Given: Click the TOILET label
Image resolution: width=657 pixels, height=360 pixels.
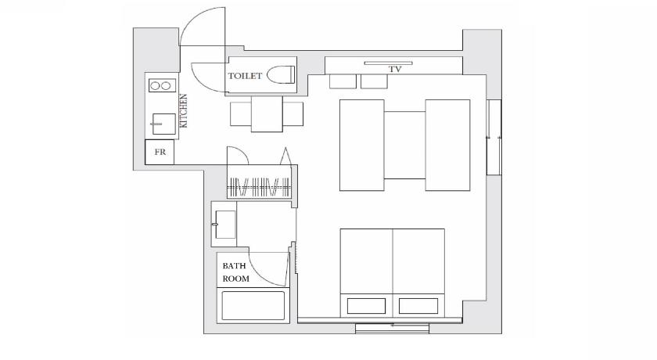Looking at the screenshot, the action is (245, 76).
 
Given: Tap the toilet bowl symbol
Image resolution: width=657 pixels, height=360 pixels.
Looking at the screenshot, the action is (281, 75).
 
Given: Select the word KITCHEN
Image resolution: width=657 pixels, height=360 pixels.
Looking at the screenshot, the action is (183, 110).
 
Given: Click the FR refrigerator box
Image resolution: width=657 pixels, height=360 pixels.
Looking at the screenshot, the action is (160, 152).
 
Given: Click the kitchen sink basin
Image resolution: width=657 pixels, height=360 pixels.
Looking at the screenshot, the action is (163, 124).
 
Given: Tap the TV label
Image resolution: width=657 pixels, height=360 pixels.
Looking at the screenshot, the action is (395, 70).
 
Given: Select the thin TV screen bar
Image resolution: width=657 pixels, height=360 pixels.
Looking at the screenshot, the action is (389, 63).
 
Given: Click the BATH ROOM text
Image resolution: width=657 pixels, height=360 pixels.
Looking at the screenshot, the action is (235, 272).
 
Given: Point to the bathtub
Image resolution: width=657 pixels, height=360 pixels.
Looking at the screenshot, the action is (253, 305).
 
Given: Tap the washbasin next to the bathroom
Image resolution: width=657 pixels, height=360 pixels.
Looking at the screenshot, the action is (225, 225).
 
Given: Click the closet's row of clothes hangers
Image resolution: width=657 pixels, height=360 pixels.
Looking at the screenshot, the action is (259, 187).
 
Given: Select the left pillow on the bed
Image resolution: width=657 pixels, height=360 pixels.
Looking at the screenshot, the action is (366, 306).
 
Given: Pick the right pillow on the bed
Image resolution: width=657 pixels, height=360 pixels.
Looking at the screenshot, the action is (418, 306).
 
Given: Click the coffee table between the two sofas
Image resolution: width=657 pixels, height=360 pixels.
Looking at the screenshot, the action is (405, 145).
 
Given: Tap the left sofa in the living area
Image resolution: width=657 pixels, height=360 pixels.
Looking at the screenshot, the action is (362, 145).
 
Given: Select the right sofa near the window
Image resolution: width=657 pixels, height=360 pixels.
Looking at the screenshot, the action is (448, 145).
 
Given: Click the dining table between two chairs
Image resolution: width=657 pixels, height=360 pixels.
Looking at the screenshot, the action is (267, 114).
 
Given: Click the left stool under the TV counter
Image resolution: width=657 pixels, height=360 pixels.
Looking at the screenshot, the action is (343, 81).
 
